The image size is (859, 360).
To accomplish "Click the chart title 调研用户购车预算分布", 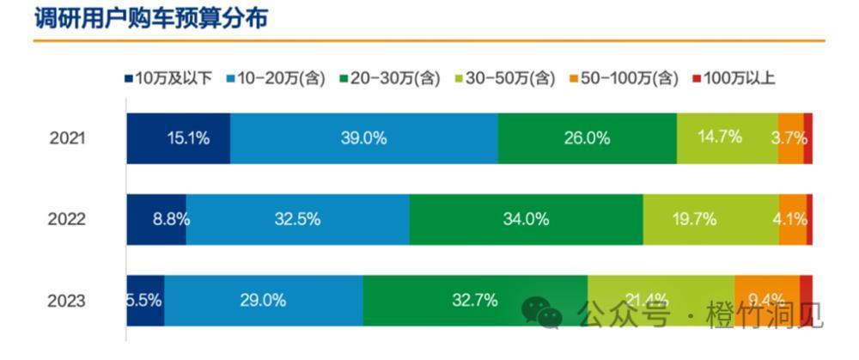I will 150,19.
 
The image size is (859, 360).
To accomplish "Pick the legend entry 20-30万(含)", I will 391,79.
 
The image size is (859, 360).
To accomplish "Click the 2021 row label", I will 67,137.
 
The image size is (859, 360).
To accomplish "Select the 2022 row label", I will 67,219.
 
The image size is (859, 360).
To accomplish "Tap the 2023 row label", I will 67,301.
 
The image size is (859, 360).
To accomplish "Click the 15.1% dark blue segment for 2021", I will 179,137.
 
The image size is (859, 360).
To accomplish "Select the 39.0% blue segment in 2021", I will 364,137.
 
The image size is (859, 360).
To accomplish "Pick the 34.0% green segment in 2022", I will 526,219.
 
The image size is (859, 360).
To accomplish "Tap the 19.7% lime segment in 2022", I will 710,219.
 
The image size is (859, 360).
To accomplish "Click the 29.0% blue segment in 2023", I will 263,301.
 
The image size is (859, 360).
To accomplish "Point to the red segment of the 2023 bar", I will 806,287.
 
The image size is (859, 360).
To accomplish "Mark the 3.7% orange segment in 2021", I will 791,137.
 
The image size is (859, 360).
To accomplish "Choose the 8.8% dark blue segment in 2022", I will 156,219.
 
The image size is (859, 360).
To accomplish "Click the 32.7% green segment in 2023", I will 474,301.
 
